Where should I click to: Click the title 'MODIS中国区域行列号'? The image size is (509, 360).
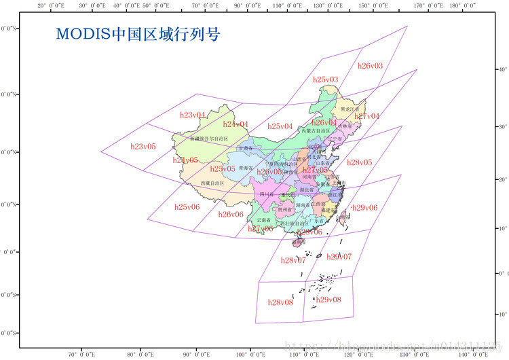pos(137,33)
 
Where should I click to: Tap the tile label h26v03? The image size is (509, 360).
pos(370,66)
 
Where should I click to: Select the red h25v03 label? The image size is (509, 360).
pos(326,79)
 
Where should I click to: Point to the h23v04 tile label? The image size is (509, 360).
pos(193,115)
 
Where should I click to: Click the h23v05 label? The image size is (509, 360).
pos(143,146)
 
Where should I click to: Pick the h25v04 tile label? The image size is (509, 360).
pos(280,126)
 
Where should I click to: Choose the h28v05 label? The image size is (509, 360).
pos(359,162)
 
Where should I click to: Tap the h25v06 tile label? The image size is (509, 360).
pos(187,206)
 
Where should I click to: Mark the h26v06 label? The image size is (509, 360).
pos(231,214)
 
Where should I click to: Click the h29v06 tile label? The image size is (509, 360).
pos(365,207)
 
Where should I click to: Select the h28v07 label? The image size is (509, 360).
pos(293,260)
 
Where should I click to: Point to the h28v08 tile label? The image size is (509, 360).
pos(280,302)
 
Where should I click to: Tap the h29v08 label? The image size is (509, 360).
pos(328,300)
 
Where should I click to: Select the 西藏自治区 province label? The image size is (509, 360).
pos(212,183)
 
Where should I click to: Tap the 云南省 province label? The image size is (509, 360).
pos(263,221)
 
